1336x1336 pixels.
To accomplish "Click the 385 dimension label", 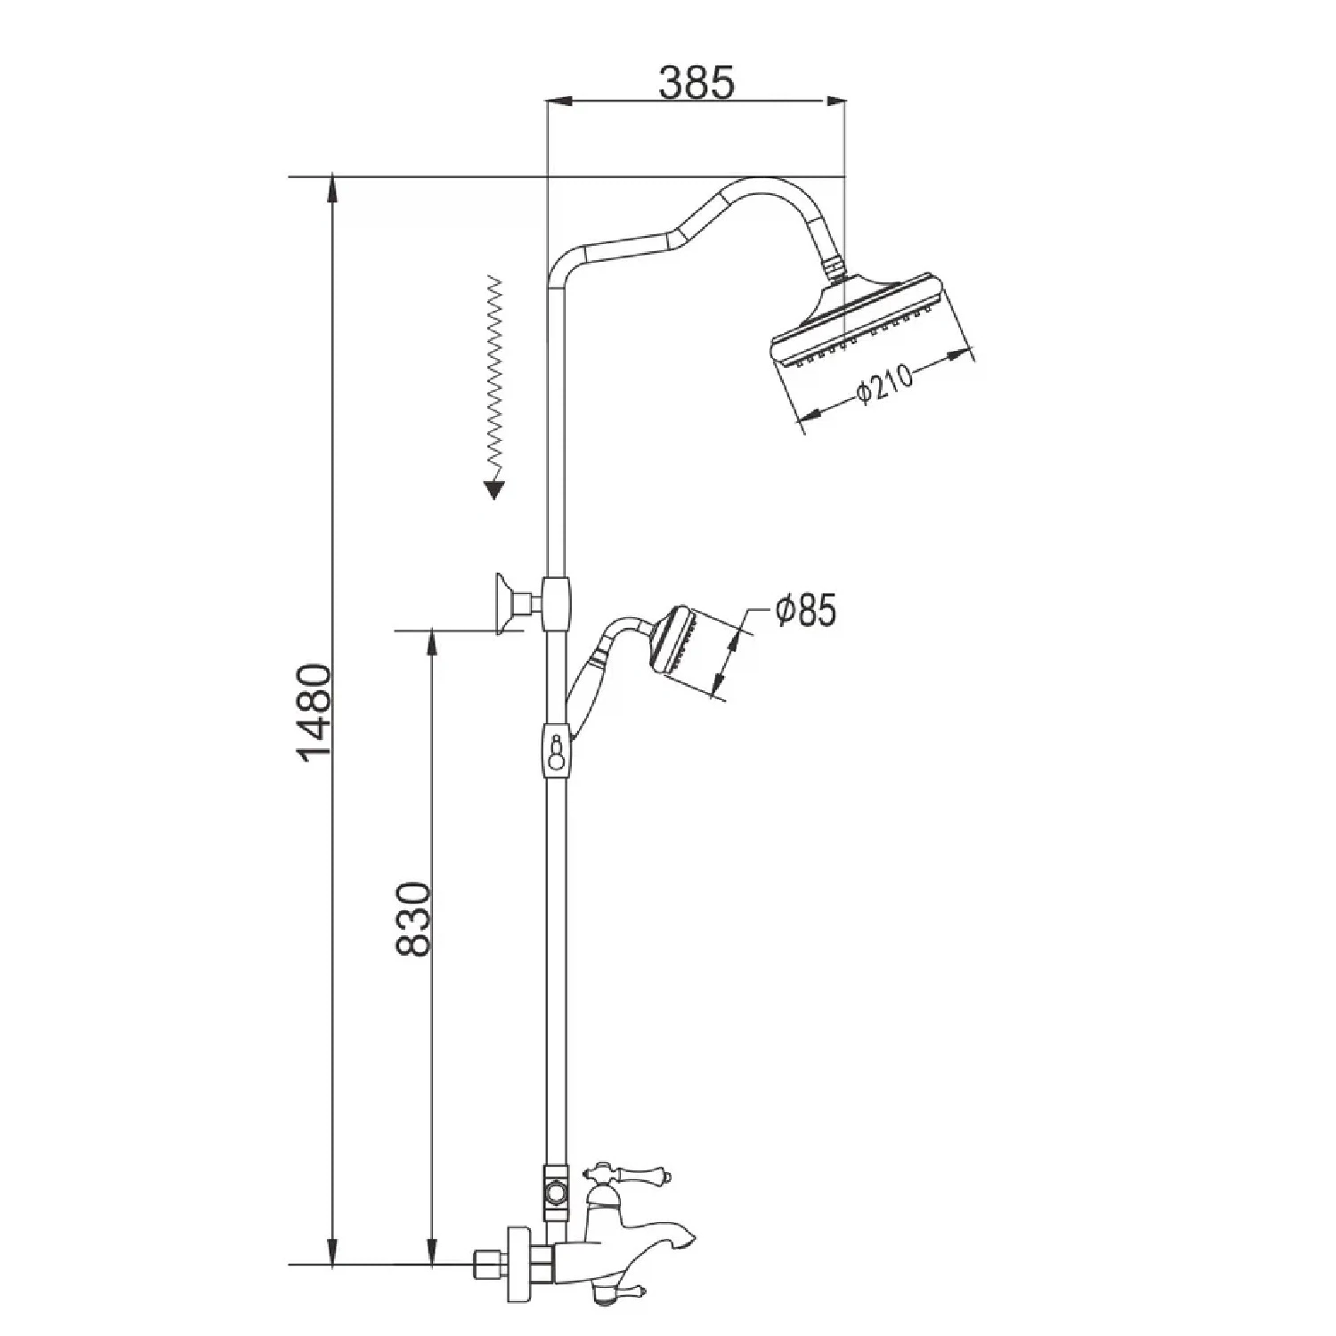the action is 696,82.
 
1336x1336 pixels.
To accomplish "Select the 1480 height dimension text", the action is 316,713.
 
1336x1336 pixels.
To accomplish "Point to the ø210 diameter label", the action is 884,385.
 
